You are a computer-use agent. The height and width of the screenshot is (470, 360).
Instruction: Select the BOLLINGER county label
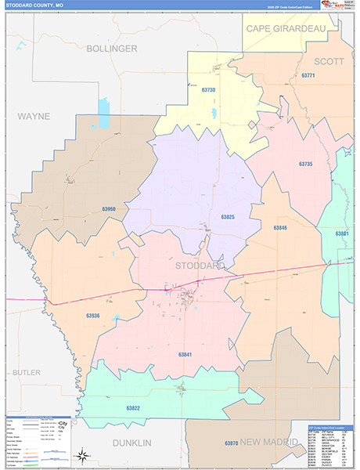click(112, 49)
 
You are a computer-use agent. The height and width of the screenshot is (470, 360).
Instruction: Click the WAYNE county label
click(34, 116)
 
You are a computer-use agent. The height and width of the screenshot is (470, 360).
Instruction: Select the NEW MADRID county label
click(272, 443)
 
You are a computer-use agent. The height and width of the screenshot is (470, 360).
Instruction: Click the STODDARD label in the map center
click(200, 266)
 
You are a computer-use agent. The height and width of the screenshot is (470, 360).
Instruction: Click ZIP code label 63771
click(307, 76)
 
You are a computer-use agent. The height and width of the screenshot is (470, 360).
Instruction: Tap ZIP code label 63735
click(305, 164)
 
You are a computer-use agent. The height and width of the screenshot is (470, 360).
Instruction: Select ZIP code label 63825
click(228, 217)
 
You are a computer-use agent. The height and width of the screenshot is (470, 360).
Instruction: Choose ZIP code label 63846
click(280, 227)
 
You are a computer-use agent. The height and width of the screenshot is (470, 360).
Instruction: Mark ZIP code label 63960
click(108, 209)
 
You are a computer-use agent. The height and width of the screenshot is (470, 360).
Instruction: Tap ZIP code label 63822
click(133, 408)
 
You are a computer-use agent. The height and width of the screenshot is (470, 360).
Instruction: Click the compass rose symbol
click(81, 454)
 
